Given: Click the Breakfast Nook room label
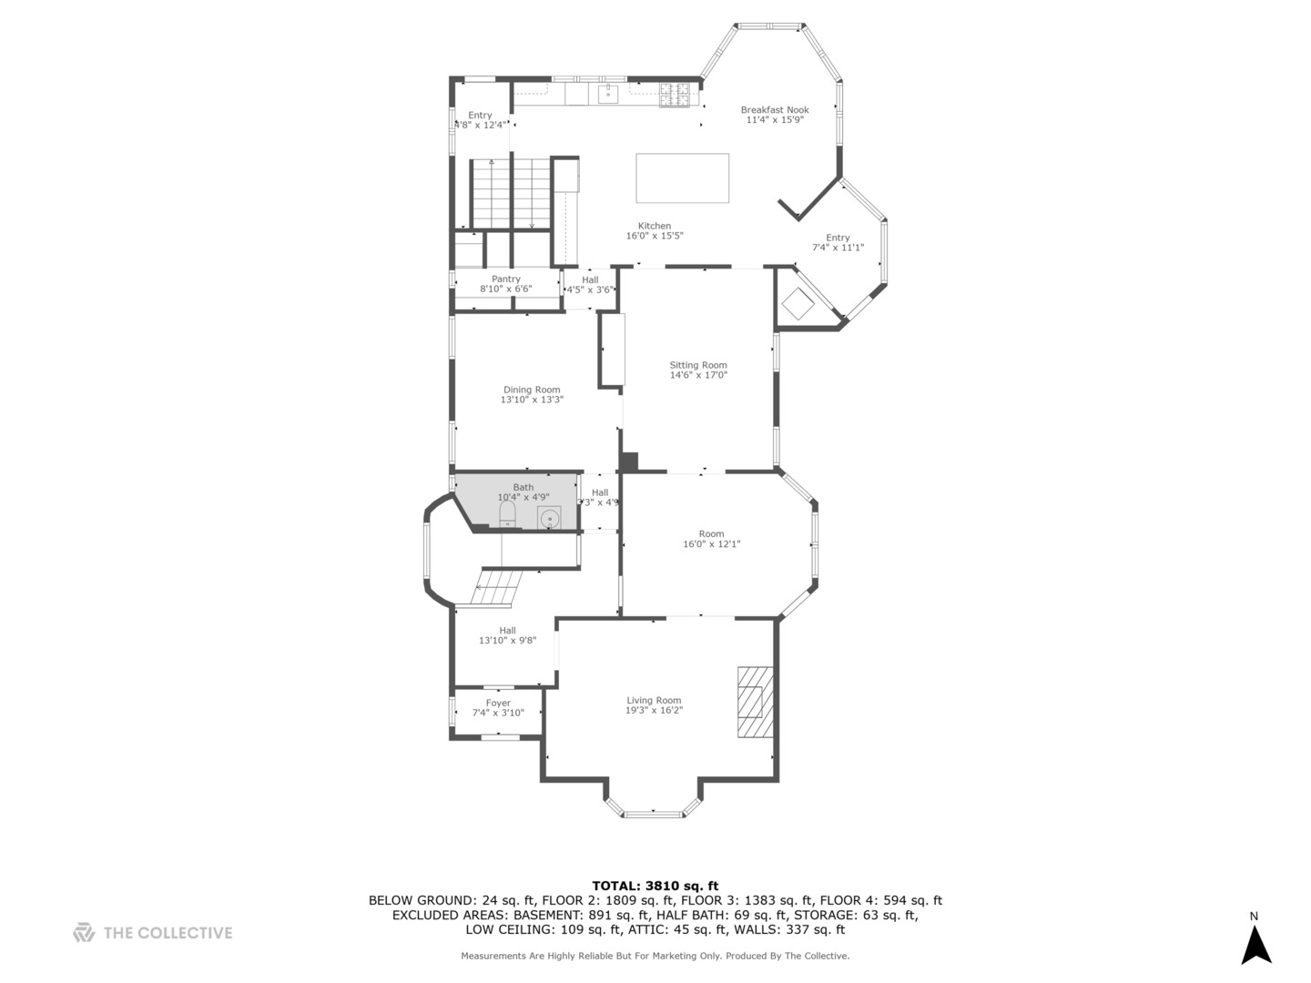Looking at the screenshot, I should coord(774,110).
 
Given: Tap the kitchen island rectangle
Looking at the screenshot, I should coord(682,177).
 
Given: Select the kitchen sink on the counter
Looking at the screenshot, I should coord(608,93).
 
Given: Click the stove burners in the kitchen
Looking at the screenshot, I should coord(675,95).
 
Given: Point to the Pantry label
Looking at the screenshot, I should coord(505,279).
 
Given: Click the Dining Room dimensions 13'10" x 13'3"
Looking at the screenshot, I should coord(532,400).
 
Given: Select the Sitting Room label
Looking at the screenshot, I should coord(698,365).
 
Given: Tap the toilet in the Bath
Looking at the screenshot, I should coord(507,517).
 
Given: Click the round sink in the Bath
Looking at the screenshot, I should coord(549,519).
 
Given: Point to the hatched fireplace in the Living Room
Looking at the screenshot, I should coord(753,702).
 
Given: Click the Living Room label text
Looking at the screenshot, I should coord(654,700).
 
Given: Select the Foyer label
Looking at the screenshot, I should coord(498,703).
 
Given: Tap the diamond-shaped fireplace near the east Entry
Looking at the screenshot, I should coord(798,304).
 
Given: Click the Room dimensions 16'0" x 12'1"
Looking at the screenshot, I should coord(711,544).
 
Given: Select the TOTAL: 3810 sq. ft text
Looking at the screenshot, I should coord(655,886).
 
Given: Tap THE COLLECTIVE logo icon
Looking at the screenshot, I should coord(84,932).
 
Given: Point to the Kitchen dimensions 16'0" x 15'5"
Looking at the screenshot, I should coord(654,236).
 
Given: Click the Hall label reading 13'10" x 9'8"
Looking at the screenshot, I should coord(507,641).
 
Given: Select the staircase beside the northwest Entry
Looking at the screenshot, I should coord(511,193).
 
